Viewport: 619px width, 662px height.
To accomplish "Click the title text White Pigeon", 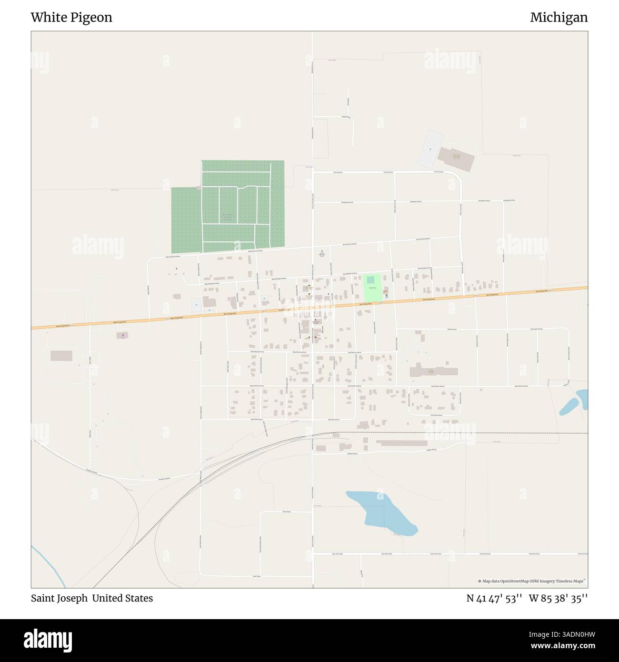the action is click(x=71, y=18).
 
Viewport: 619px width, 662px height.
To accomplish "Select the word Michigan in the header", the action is click(x=559, y=18).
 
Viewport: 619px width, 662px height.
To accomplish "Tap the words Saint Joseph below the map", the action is click(x=59, y=598).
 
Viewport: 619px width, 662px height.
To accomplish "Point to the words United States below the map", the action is click(x=122, y=598).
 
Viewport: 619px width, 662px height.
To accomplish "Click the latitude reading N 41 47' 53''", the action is click(x=495, y=598).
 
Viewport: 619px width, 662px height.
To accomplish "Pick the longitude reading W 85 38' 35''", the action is click(x=558, y=598).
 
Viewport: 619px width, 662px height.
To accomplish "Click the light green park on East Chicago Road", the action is click(x=373, y=289).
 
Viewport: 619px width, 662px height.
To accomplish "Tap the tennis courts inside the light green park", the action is click(x=370, y=281).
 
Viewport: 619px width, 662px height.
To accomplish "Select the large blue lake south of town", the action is click(x=381, y=512).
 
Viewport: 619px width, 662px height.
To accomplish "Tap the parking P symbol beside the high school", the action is click(x=430, y=150).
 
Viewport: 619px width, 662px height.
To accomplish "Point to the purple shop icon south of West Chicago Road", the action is click(x=123, y=336).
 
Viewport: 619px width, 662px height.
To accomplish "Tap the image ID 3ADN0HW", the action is click(x=567, y=635).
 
